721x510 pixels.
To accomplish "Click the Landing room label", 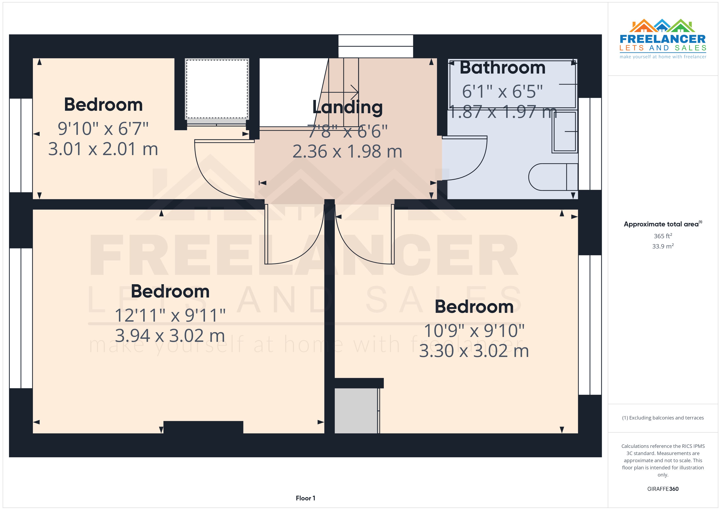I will click(x=347, y=107).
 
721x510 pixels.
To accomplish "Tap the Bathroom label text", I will click(x=503, y=68).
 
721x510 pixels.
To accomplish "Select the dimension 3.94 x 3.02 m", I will click(x=170, y=336).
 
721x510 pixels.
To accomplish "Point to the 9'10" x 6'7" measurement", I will click(x=103, y=129).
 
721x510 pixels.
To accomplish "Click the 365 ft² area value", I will click(x=663, y=236).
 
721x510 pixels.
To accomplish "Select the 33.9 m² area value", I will click(x=663, y=246).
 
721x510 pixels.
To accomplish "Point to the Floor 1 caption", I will click(x=305, y=498).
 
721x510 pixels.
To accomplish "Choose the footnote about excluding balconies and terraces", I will click(x=663, y=418).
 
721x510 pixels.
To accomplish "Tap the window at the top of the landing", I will click(x=376, y=46).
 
